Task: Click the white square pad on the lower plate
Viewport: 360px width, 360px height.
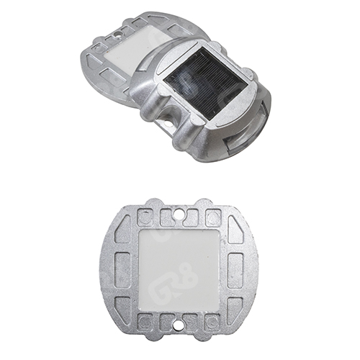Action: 179,268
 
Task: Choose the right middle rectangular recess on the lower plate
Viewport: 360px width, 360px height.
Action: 237,269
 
